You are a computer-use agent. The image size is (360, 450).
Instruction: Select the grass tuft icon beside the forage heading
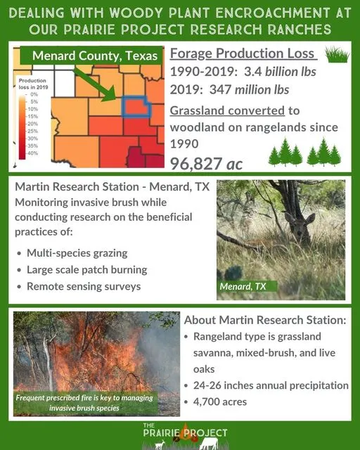coord(338,55)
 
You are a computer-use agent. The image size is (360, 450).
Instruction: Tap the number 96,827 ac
coord(207,163)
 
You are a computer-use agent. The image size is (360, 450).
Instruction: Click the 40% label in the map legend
coord(33,153)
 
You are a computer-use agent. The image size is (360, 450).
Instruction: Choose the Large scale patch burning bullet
coord(86,270)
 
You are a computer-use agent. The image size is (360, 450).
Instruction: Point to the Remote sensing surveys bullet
coord(84,287)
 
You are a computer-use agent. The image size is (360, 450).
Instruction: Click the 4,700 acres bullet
coord(223,403)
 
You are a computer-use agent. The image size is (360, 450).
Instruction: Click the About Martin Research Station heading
coord(264,320)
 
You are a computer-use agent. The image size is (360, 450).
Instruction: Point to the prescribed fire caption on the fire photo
coord(88,403)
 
